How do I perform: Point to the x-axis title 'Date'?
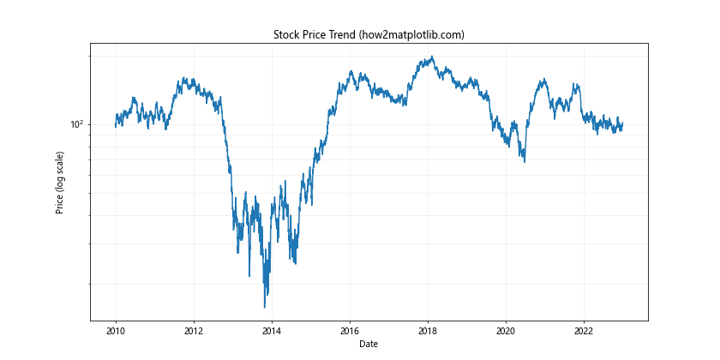point(369,344)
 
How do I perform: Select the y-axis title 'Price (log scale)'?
point(60,183)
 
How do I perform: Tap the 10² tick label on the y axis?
point(76,123)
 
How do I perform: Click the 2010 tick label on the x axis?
point(116,330)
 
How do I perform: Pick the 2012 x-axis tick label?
point(194,330)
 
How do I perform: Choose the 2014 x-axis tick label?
point(272,330)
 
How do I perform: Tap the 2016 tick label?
point(350,330)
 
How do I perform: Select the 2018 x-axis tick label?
point(428,330)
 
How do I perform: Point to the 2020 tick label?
point(506,330)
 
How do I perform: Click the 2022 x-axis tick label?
point(584,330)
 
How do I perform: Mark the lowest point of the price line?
point(265,306)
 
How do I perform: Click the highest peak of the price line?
point(432,57)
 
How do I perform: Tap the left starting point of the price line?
point(116,126)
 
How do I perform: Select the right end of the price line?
point(622,123)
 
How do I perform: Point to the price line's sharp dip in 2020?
point(524,160)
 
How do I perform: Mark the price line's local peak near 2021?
point(543,80)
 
